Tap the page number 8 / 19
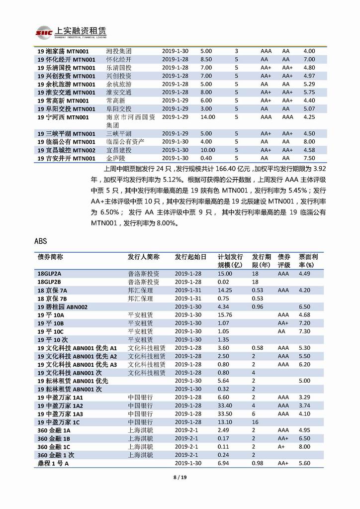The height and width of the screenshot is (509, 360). pyautogui.click(x=180, y=478)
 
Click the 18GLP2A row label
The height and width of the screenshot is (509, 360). pyautogui.click(x=49, y=274)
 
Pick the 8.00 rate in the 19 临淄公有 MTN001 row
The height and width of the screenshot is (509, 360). pyautogui.click(x=309, y=141)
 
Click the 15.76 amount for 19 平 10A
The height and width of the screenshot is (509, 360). pyautogui.click(x=225, y=315)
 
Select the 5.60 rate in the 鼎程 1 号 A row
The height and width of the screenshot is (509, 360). pyautogui.click(x=305, y=463)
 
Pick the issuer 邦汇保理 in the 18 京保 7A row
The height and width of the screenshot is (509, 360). pyautogui.click(x=140, y=290)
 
